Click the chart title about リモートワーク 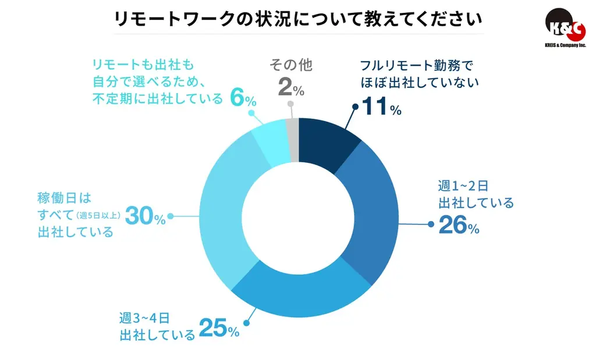coord(297,19)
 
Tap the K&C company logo coord(564,26)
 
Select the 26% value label coord(459,226)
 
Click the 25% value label coord(219,329)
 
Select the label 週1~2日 coord(462,186)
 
